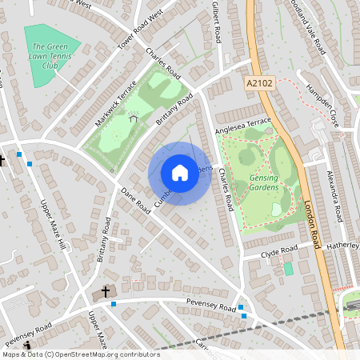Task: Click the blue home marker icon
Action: (180, 173)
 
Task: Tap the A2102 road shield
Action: (254, 82)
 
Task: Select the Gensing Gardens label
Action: (265, 181)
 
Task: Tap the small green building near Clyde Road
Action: (288, 269)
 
